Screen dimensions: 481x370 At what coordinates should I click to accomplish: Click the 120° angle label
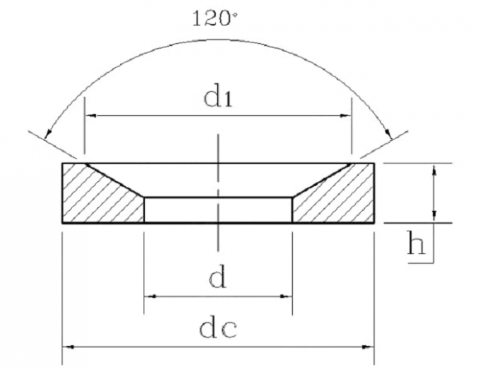pos(215,18)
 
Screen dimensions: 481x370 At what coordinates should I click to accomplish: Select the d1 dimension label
pos(218,98)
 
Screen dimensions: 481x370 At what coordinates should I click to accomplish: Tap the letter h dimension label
pos(416,243)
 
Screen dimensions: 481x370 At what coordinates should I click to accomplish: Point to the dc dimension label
pos(218,329)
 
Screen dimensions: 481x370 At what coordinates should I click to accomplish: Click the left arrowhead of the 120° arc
pos(48,134)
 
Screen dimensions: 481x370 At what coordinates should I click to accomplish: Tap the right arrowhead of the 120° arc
pos(389,134)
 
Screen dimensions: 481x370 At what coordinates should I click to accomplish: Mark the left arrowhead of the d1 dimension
pos(91,115)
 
